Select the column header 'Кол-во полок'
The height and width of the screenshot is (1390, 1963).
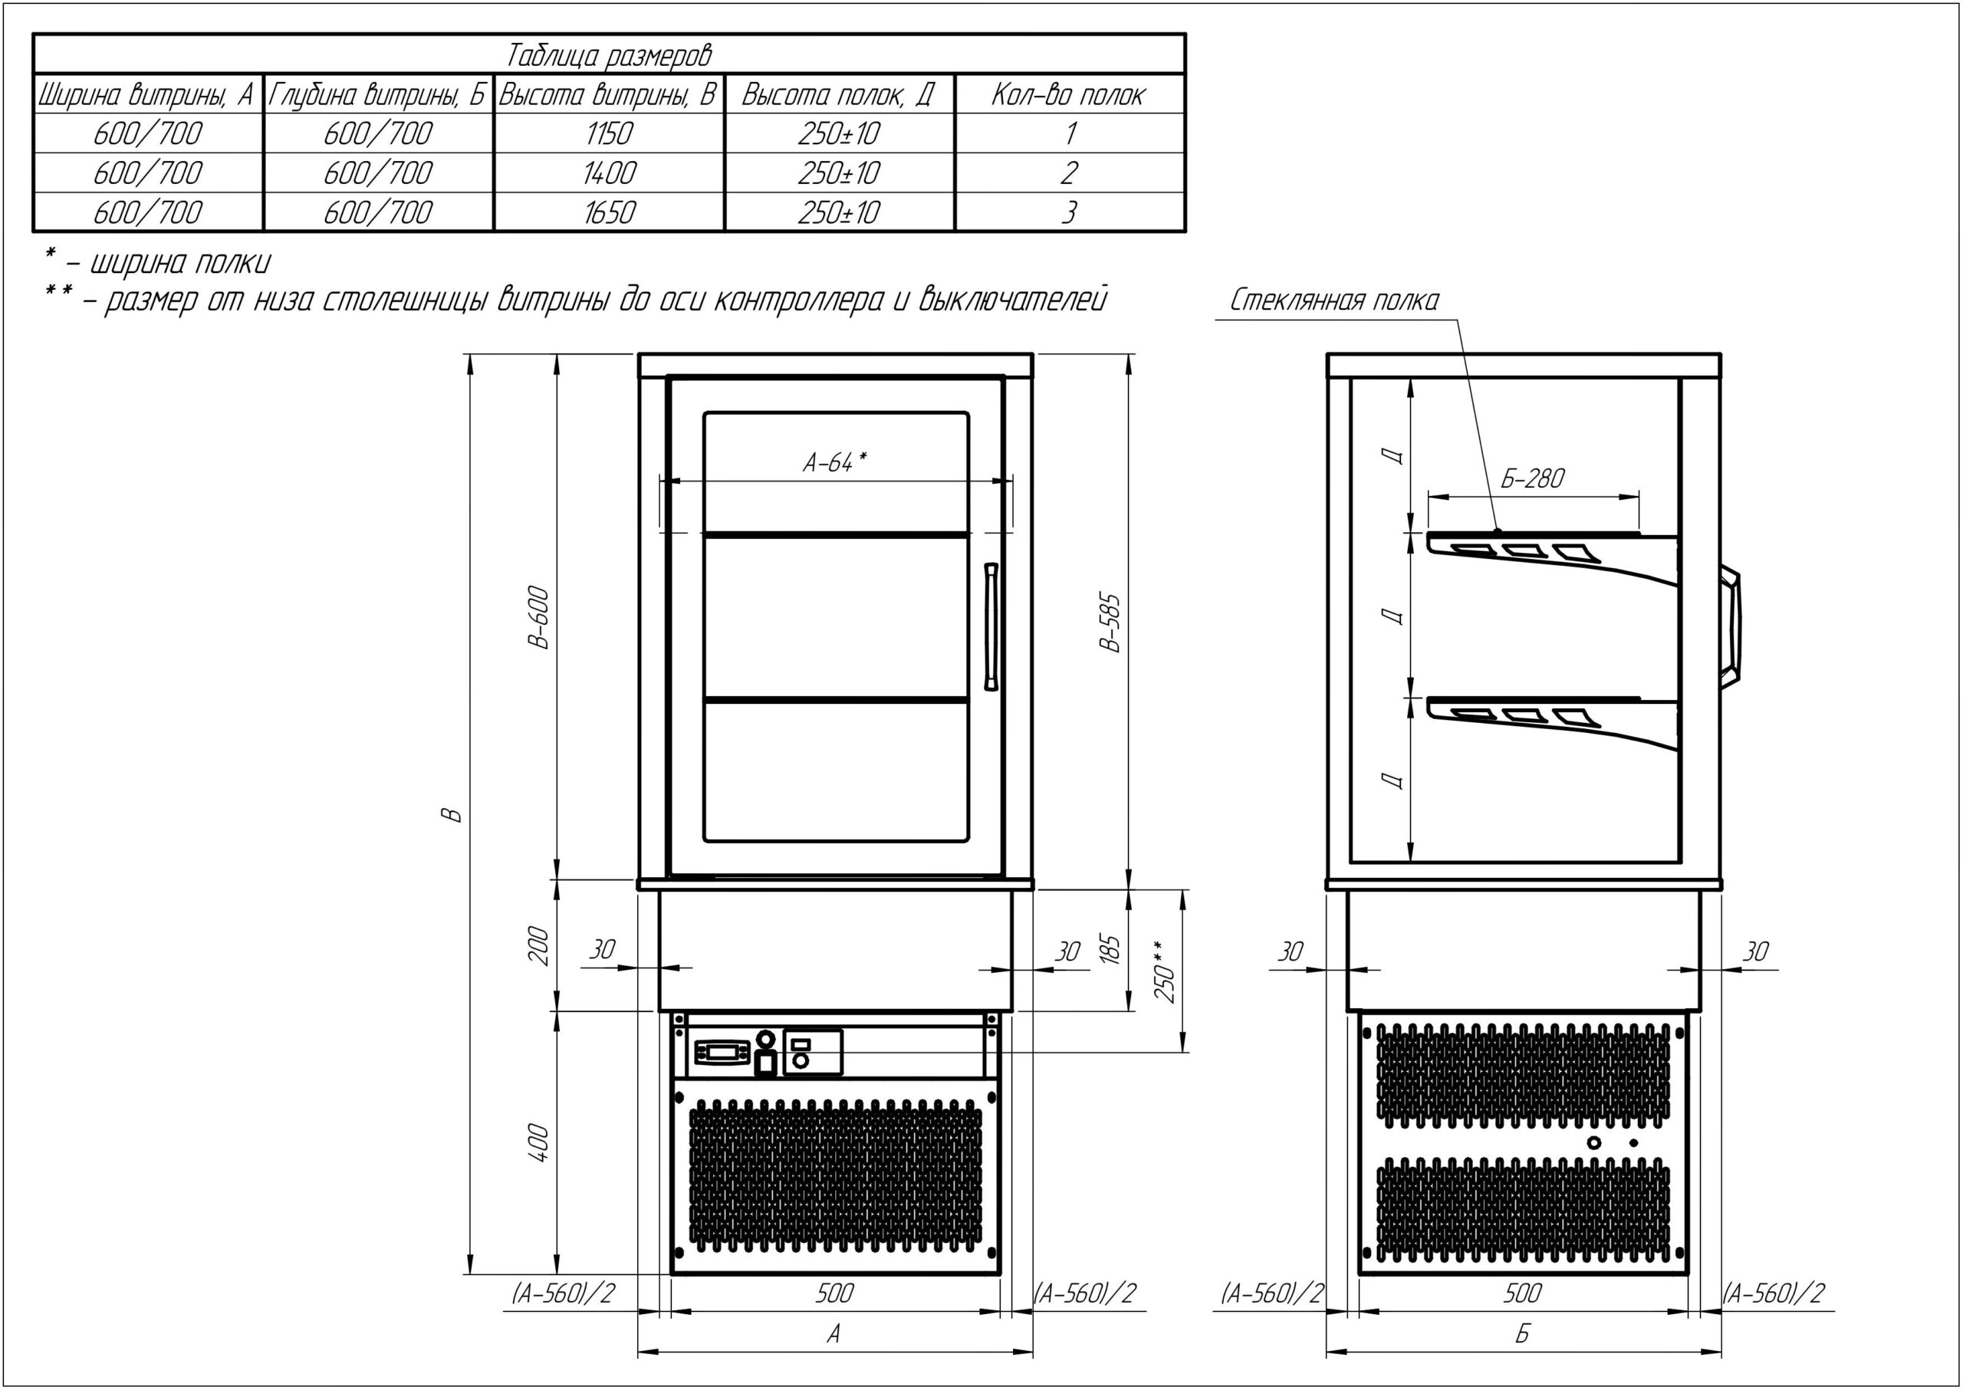pos(1068,94)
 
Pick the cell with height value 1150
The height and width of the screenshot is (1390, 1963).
pos(609,133)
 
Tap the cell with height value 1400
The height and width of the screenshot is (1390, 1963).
pos(609,173)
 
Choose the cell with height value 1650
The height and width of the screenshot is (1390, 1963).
pos(609,212)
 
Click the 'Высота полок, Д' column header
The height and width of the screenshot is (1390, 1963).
pos(838,94)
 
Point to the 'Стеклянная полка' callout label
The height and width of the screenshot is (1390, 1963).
pos(1333,301)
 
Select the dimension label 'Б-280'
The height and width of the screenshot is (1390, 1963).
pos(1532,478)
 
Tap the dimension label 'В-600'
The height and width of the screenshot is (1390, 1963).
pos(538,618)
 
